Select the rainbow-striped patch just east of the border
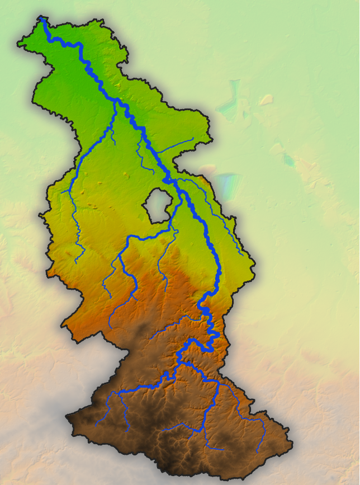point(228,185)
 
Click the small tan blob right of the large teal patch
point(266,100)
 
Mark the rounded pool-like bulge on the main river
point(205,310)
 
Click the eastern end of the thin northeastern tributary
point(193,138)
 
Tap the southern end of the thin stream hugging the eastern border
point(244,255)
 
